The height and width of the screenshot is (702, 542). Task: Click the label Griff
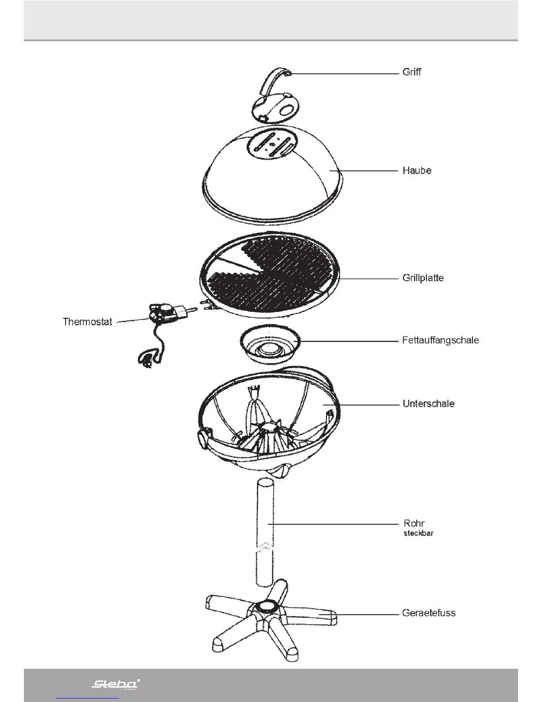pos(411,72)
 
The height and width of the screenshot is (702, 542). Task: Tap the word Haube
pos(417,171)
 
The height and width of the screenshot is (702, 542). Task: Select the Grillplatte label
pos(423,278)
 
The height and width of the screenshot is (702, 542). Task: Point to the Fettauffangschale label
pos(440,340)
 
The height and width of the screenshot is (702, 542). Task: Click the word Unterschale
pos(428,404)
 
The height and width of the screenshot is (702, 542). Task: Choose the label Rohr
pos(414,523)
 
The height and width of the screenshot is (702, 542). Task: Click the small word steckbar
pos(418,533)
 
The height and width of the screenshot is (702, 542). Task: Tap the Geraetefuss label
pos(429,613)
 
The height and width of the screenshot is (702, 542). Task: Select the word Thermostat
pos(88,322)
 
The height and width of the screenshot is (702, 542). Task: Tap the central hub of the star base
pos(266,607)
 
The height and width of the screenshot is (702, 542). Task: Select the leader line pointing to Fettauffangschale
pos(350,341)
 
